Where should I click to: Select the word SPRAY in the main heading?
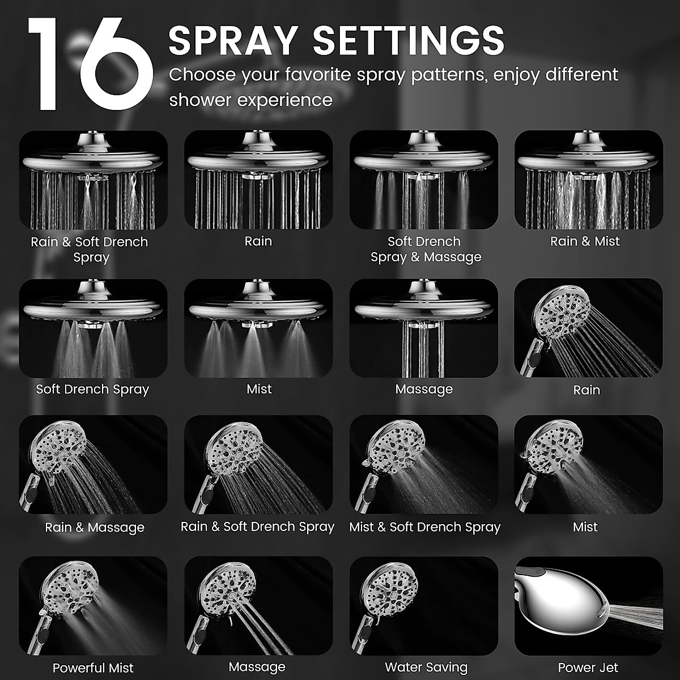(233, 40)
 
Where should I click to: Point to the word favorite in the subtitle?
(325, 75)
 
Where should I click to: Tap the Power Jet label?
(588, 668)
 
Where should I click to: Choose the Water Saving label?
(426, 668)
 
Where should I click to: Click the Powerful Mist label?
(93, 668)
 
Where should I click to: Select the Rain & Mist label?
(585, 241)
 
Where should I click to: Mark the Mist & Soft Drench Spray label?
(424, 527)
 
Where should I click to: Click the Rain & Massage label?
(95, 528)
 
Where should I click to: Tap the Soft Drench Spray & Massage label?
(425, 249)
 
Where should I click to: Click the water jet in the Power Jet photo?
(635, 617)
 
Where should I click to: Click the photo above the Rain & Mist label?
(588, 180)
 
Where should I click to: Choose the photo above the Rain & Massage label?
(93, 465)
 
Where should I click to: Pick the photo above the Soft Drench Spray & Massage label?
(423, 180)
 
